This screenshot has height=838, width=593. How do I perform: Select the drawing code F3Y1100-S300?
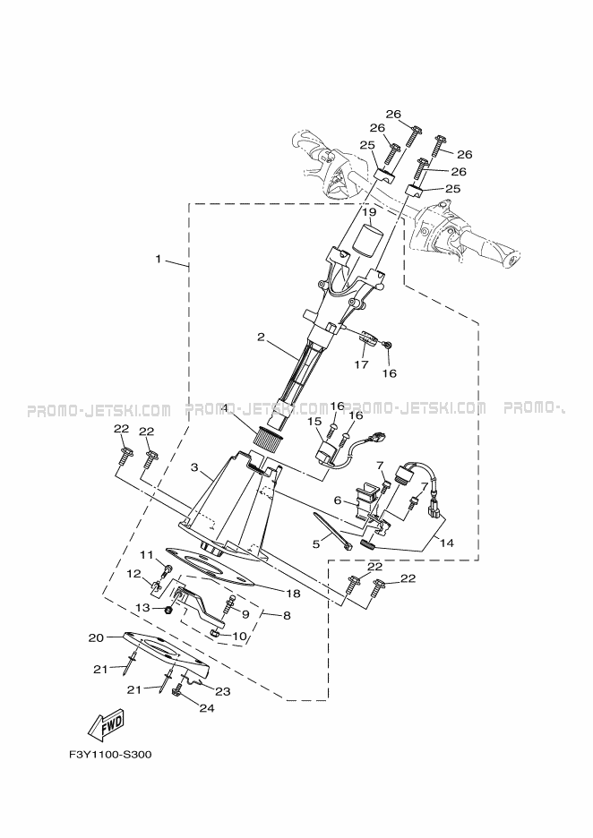tap(109, 754)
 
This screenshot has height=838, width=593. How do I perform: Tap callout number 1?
tap(159, 260)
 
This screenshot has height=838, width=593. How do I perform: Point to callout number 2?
tap(261, 338)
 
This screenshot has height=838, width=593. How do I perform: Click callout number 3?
tap(194, 467)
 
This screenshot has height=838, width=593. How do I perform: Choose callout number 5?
tap(315, 542)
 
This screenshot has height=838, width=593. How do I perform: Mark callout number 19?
tap(368, 213)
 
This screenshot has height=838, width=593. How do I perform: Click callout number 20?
tap(96, 637)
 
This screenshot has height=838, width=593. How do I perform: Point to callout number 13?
tap(142, 608)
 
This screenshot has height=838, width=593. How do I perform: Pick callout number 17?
tap(361, 364)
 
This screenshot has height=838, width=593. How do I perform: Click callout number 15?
tap(314, 421)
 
